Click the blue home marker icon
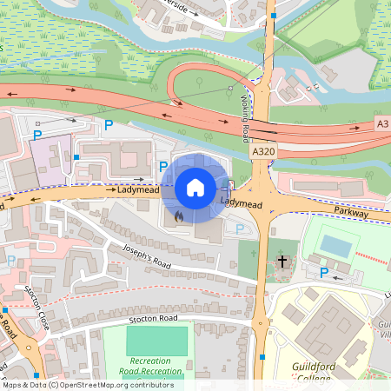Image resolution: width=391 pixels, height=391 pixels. pyautogui.click(x=195, y=187)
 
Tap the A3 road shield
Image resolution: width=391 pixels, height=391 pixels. pyautogui.click(x=382, y=123)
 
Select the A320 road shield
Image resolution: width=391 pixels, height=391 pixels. pyautogui.click(x=263, y=151)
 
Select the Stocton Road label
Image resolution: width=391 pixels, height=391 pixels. pyautogui.click(x=157, y=320)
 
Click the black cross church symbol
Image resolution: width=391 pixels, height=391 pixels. pyautogui.click(x=282, y=261)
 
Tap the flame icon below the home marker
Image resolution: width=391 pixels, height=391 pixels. pyautogui.click(x=178, y=215)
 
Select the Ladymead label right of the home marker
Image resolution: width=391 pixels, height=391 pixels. pyautogui.click(x=241, y=202)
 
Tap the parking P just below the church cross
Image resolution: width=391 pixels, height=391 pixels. pyautogui.click(x=324, y=273)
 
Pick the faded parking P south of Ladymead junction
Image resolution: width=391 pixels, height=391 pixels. pyautogui.click(x=240, y=229)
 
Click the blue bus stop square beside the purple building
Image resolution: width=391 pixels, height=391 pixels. pyautogui.click(x=77, y=157)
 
